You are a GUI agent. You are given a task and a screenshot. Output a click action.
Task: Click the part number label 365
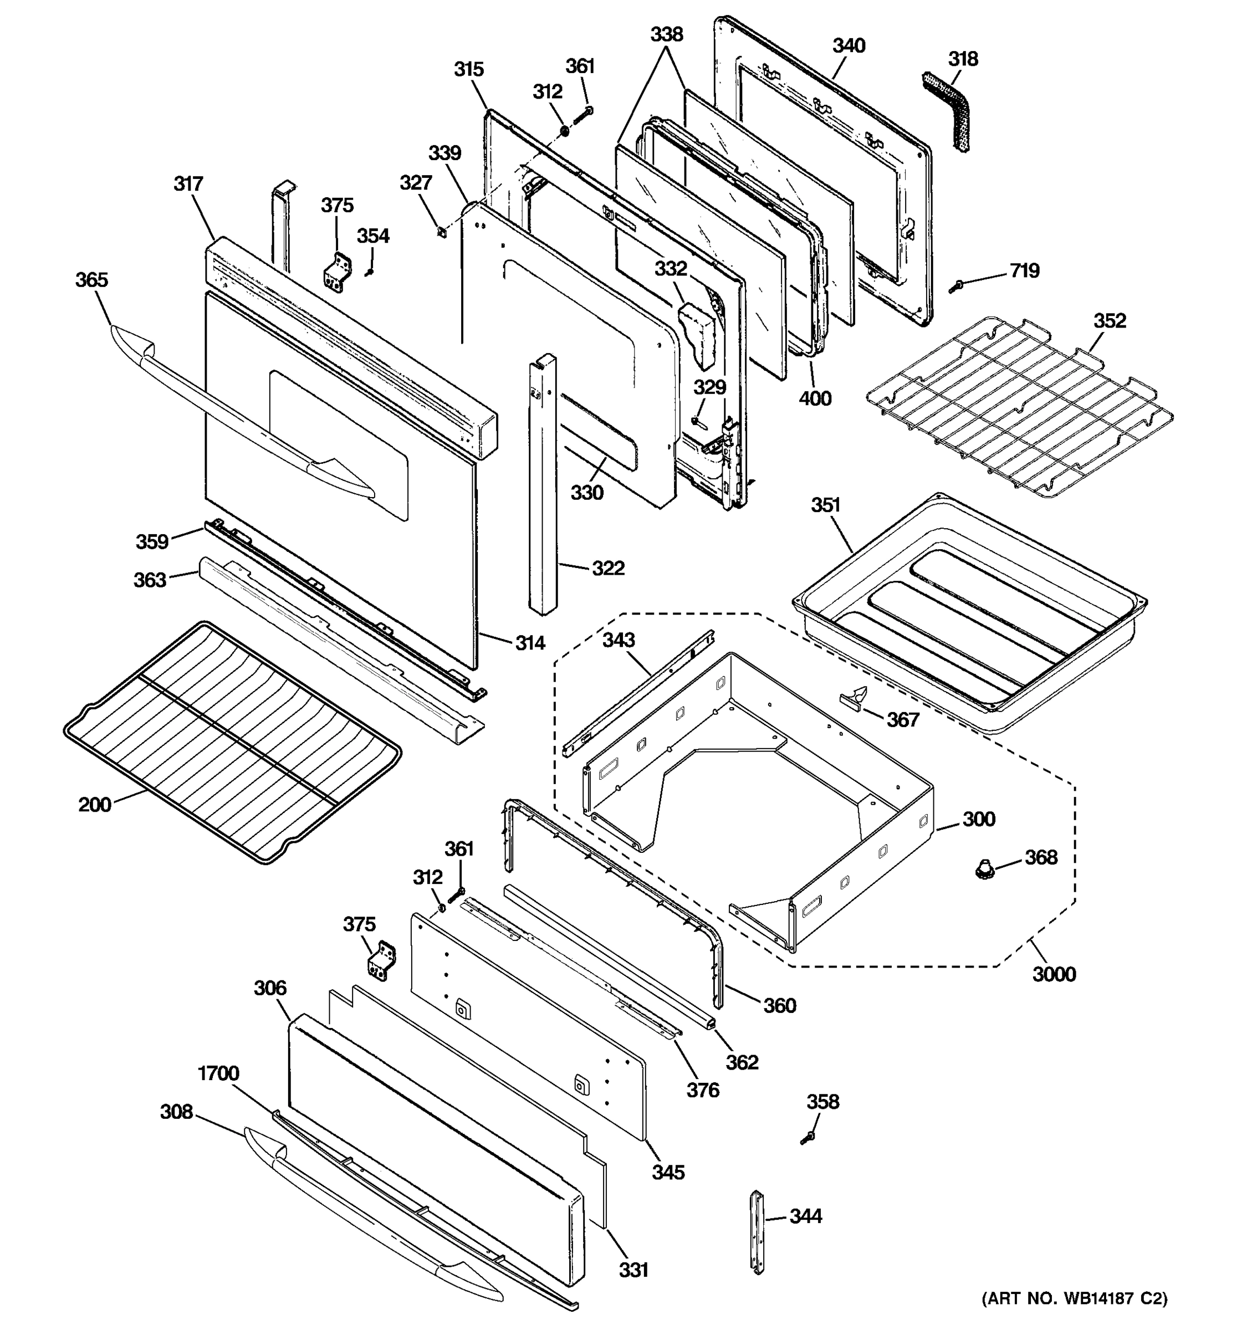[91, 280]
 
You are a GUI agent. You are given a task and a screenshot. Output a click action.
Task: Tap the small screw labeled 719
[955, 287]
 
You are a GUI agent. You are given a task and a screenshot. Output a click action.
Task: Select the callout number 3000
[1054, 974]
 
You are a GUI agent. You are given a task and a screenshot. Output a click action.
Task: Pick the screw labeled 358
[808, 1137]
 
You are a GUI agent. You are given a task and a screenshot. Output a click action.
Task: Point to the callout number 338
[666, 34]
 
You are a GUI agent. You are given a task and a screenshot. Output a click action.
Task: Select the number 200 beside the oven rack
[94, 805]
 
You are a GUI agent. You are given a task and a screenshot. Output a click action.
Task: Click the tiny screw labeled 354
[369, 272]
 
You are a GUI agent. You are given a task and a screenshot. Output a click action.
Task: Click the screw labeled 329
[697, 421]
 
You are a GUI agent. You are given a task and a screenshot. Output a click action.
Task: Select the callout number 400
[815, 399]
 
